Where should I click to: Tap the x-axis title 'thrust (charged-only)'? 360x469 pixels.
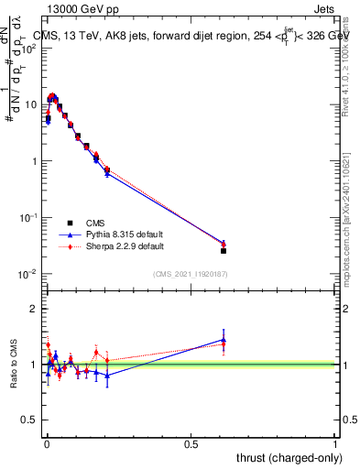pos(287,457)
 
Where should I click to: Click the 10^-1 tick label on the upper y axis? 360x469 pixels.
pos(27,217)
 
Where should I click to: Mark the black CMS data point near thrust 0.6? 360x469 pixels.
pos(224,250)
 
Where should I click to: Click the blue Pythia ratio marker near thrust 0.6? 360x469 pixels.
pos(224,339)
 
